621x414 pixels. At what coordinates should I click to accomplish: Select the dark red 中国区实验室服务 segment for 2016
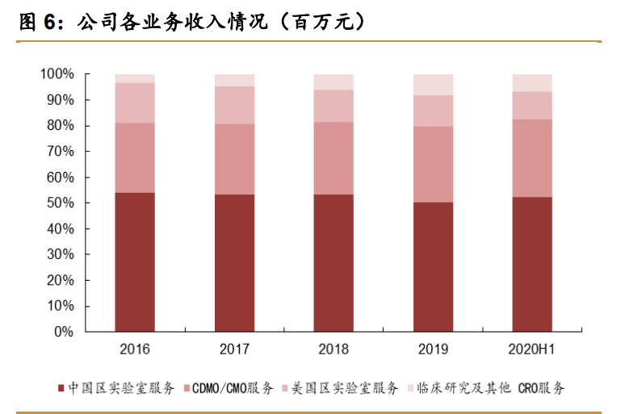[135, 261]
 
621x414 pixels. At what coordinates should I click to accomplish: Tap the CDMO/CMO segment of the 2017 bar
[234, 159]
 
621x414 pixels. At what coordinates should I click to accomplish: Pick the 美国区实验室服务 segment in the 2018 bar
[334, 106]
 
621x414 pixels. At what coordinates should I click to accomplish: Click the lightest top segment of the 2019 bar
[433, 84]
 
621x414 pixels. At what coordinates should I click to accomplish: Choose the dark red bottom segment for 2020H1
[532, 264]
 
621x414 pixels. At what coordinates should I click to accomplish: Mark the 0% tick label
[63, 332]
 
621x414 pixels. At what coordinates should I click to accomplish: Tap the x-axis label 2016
[135, 349]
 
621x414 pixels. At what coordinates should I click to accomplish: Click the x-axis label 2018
[334, 349]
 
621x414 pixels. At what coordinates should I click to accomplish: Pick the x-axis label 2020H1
[532, 349]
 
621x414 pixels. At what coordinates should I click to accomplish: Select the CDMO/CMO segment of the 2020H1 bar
[532, 158]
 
